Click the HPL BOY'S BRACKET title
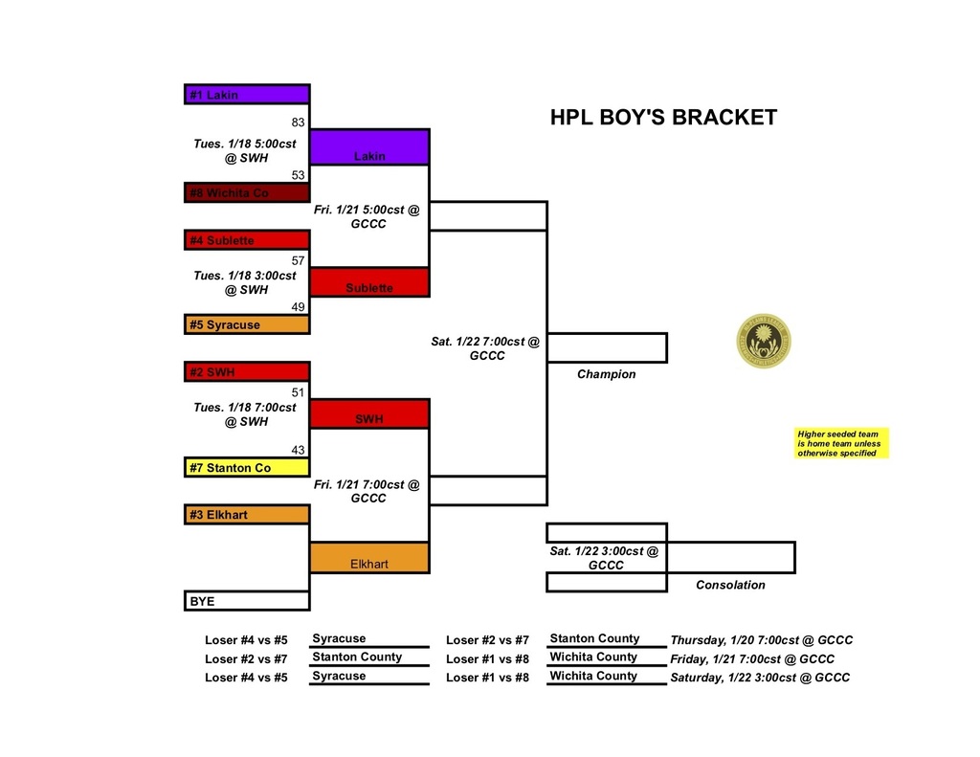663,118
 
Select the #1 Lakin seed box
247,95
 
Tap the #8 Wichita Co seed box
247,192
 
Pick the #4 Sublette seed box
247,240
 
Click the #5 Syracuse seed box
247,324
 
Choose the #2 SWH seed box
247,371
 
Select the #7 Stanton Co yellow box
247,468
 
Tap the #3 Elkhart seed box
247,515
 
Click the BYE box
247,601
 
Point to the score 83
298,122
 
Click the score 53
298,175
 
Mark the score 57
298,260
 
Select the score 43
298,450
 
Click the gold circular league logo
764,342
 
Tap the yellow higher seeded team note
842,443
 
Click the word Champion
606,374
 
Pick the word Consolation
730,585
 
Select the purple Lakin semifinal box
369,147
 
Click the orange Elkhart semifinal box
369,558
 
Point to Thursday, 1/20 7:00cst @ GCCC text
761,640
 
